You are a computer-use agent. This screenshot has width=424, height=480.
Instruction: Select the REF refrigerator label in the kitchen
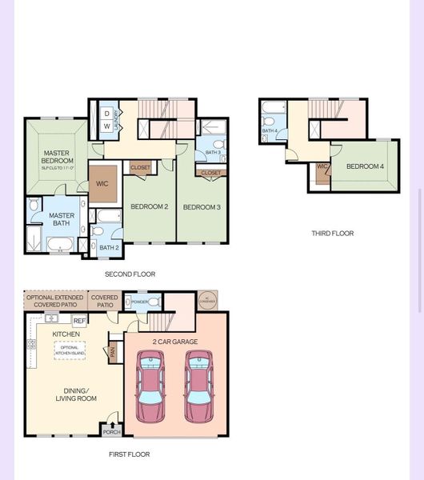tap(79, 321)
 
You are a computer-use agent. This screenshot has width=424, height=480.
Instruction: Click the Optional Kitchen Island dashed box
tap(70, 350)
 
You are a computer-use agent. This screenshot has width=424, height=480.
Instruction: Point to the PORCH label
tap(112, 432)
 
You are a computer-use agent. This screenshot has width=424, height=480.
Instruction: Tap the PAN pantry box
tap(113, 351)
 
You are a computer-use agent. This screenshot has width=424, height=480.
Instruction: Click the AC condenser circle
tap(207, 301)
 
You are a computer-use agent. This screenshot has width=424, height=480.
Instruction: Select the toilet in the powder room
tap(130, 302)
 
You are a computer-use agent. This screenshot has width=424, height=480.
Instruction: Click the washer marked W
tap(107, 126)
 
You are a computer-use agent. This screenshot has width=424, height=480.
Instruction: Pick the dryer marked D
tap(107, 114)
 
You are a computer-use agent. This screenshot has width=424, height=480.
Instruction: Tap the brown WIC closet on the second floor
tap(103, 184)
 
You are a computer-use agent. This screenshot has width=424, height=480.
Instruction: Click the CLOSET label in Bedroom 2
tap(140, 168)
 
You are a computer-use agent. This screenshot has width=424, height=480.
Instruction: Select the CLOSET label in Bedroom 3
tap(211, 173)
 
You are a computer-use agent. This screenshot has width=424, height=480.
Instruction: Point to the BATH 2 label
tap(109, 248)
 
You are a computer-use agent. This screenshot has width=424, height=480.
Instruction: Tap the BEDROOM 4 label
tap(365, 166)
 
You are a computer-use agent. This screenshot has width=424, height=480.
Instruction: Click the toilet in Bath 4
tap(269, 122)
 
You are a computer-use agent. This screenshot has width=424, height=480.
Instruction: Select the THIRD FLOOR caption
tap(332, 234)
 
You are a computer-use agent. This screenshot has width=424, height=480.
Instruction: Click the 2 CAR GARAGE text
tap(175, 342)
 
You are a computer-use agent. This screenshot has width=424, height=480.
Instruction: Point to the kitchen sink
tap(52, 318)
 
